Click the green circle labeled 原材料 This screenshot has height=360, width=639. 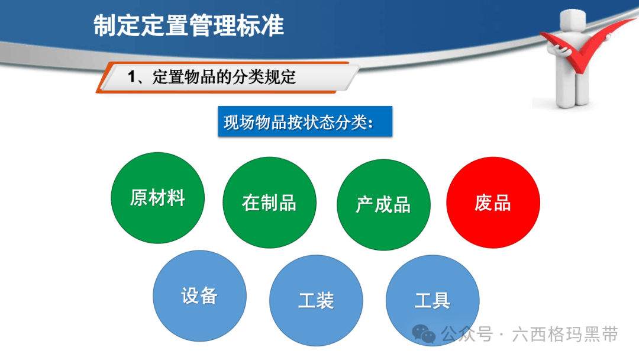(x=157, y=198)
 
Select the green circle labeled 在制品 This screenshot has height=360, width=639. (x=269, y=202)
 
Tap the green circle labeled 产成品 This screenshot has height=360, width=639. (x=383, y=205)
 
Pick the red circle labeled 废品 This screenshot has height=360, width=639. (x=493, y=202)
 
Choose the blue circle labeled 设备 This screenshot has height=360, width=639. (x=200, y=296)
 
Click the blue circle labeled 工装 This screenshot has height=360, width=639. (x=316, y=300)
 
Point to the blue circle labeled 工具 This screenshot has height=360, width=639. (x=433, y=300)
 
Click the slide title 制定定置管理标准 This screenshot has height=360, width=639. (x=189, y=25)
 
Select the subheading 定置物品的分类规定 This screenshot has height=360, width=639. (x=224, y=77)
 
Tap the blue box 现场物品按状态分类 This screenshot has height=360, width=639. (x=305, y=121)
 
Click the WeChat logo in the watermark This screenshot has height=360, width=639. (x=424, y=334)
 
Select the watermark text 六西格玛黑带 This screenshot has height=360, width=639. (x=565, y=335)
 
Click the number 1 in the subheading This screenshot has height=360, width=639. (x=131, y=76)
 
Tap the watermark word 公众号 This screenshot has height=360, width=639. (x=467, y=335)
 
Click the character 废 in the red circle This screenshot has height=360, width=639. (x=483, y=202)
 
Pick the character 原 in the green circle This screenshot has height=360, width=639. (x=139, y=198)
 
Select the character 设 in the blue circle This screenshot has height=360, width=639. (x=191, y=296)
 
